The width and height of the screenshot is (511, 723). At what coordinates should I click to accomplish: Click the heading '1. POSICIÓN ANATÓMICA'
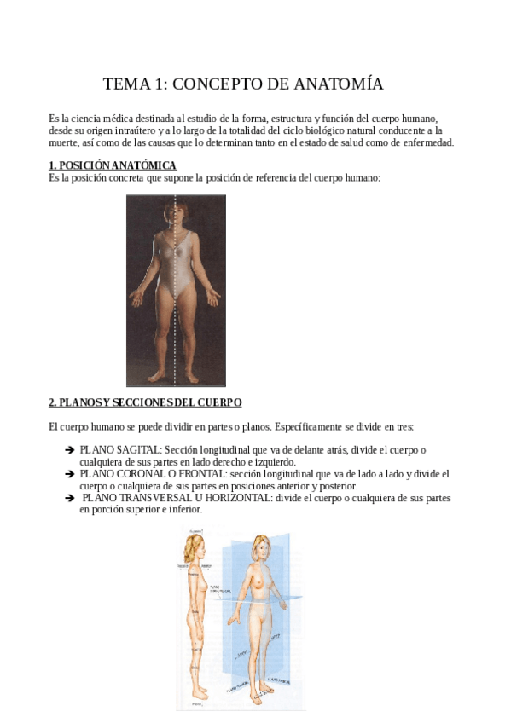tap(113, 165)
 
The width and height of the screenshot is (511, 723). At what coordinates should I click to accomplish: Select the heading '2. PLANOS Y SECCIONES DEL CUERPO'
tap(145, 402)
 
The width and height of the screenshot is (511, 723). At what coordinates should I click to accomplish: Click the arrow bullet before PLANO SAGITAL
tap(69, 450)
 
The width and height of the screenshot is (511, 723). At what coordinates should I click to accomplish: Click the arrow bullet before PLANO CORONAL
tap(69, 474)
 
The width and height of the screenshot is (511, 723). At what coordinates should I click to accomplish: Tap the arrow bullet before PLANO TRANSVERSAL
tap(69, 498)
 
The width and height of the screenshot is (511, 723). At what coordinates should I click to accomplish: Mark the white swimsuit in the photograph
tap(177, 264)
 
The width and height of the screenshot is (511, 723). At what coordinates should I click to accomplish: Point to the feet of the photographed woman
tap(177, 375)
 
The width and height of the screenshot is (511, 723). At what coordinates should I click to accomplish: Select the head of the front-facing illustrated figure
tap(261, 548)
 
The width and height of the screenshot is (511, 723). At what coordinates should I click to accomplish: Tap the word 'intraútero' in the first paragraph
tap(141, 130)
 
